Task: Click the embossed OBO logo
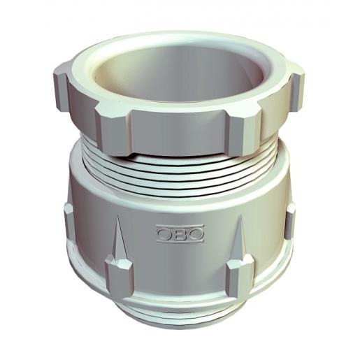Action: tap(180, 233)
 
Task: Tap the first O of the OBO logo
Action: tap(166, 233)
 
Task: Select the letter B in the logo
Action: tap(180, 233)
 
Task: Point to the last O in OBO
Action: tap(194, 233)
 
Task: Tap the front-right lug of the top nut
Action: tap(245, 129)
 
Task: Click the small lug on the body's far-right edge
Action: tap(289, 221)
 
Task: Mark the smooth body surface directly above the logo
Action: tap(180, 206)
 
